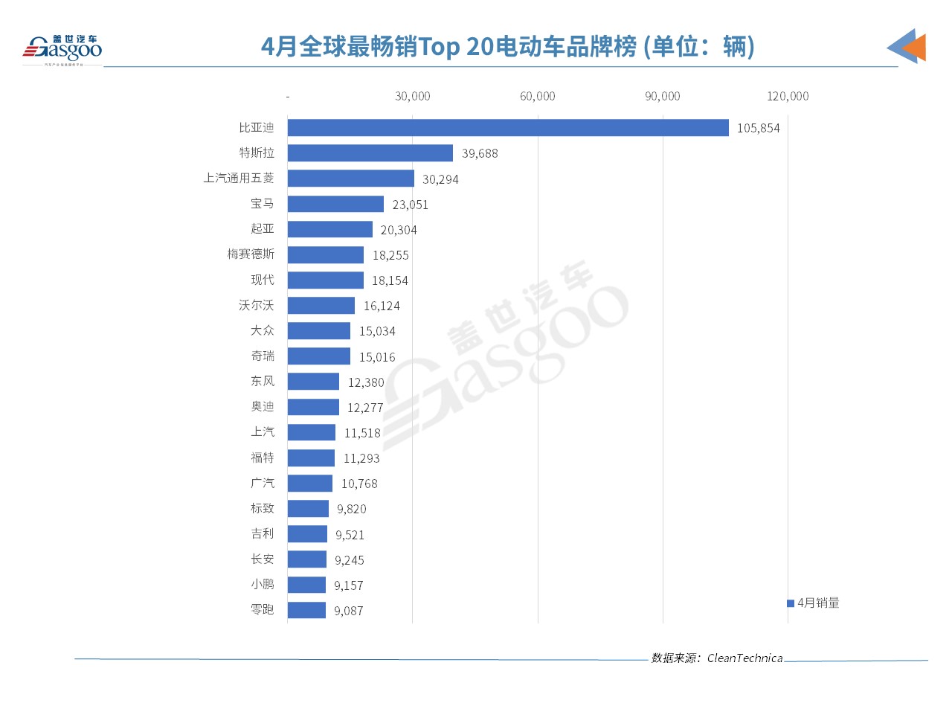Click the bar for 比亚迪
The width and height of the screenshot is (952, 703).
point(508,128)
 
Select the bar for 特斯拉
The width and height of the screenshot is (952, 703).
point(370,153)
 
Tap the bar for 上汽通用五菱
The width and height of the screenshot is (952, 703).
point(350,179)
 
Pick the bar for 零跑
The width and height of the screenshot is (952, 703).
point(306,610)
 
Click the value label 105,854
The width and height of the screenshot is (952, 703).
point(758,128)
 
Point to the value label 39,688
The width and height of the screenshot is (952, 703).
point(480,153)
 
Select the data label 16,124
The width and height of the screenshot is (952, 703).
point(382,306)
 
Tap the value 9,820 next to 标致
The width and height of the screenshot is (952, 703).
point(351,509)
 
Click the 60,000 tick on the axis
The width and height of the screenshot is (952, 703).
point(537,97)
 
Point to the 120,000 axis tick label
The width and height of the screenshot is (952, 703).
point(788,97)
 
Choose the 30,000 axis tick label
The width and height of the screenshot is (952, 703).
point(412,97)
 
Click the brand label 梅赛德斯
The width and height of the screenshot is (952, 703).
point(251,254)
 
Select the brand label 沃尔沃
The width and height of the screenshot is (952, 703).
point(257,305)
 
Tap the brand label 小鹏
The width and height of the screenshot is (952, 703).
point(263,585)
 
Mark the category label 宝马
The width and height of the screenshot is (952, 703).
point(263,204)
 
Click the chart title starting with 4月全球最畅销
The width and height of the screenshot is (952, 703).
point(508,47)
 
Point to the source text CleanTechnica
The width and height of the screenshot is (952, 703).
point(744,658)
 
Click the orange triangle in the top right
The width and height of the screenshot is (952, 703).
point(915,48)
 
